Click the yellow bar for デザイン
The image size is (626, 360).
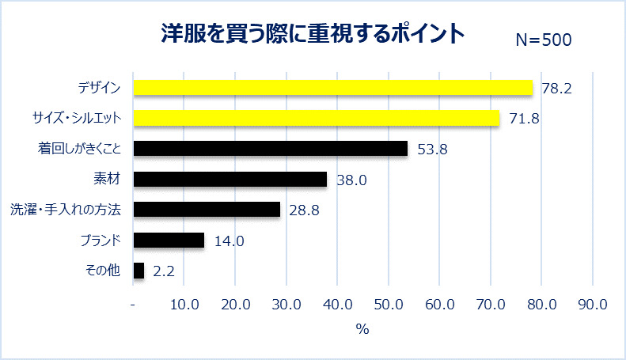(333, 87)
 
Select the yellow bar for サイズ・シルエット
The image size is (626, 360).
(317, 118)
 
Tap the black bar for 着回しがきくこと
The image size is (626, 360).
(271, 149)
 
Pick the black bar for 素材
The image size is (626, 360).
(230, 180)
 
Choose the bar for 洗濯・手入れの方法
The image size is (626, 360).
(207, 210)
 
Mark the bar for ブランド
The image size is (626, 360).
(169, 241)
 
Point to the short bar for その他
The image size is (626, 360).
(139, 271)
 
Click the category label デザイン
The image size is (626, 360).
(100, 87)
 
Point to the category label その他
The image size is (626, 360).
(102, 271)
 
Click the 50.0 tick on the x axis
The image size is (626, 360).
(388, 305)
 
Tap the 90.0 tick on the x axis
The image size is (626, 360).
(591, 305)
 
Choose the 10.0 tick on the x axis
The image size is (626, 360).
(184, 305)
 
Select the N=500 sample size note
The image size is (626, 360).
(543, 40)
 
